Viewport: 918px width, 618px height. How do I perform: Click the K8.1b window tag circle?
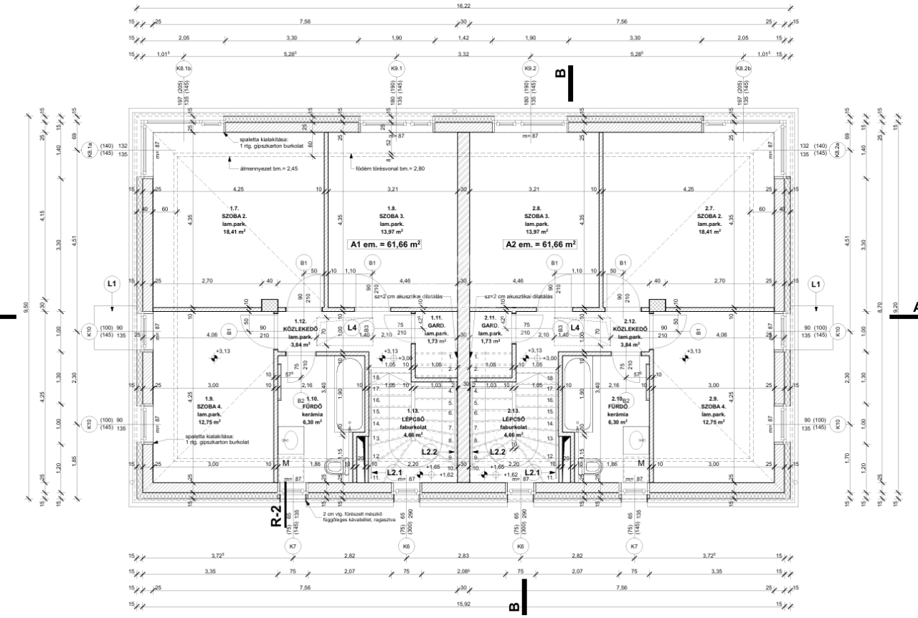(x=184, y=69)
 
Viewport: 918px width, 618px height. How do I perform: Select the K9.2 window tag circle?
(x=530, y=69)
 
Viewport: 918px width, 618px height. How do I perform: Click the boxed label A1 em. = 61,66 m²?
(x=384, y=244)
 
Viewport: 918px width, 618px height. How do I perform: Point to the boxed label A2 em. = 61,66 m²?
(x=541, y=244)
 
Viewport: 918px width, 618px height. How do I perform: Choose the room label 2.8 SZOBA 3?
(x=536, y=219)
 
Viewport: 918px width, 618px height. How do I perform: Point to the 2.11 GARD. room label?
(x=491, y=331)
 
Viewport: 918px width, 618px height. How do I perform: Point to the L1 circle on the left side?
(x=111, y=285)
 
